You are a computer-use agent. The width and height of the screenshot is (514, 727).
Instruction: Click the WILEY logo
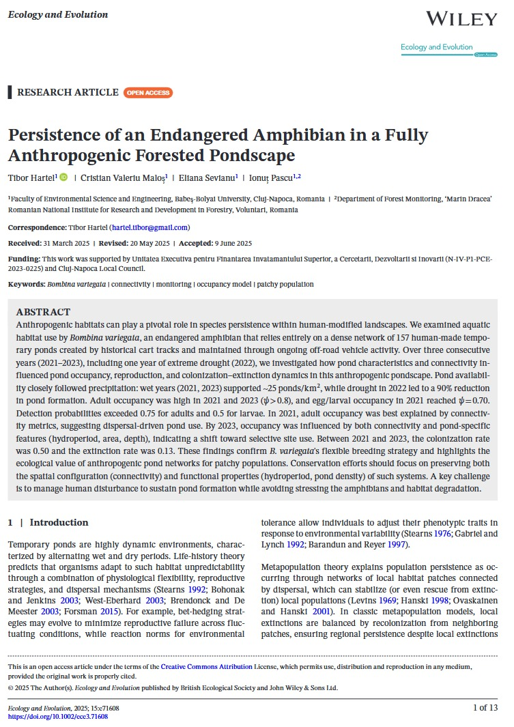point(461,18)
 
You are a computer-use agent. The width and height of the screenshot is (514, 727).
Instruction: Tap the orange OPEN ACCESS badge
point(148,93)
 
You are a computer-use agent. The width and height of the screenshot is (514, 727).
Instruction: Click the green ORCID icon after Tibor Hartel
point(63,177)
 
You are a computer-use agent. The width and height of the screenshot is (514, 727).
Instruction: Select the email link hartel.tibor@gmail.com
point(149,227)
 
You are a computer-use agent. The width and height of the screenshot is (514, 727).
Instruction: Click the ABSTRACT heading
point(43,312)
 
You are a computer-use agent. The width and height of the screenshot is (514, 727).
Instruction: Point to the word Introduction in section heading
point(59,522)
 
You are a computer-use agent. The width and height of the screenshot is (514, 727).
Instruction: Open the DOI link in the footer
point(58,717)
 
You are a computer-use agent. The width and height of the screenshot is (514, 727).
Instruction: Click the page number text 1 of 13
point(485,708)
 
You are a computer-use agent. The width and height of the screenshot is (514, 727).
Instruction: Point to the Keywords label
point(26,284)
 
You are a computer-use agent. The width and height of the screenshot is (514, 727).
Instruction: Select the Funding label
point(23,259)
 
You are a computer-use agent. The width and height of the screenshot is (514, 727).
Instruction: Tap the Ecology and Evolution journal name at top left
point(58,14)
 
